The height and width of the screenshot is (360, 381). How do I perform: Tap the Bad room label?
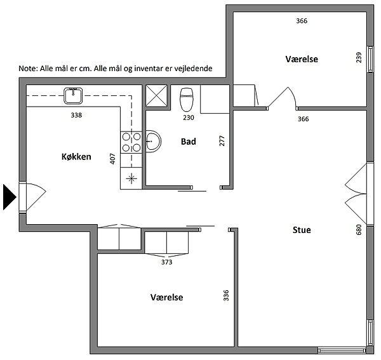coord(188,142)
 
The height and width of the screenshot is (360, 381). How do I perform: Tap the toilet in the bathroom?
coord(187,100)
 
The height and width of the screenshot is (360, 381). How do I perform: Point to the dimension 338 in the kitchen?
coord(77,116)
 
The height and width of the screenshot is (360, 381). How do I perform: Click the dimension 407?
coord(113,158)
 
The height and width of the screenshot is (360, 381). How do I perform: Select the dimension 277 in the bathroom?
coord(222,141)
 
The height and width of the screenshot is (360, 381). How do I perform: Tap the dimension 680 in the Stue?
coord(358,230)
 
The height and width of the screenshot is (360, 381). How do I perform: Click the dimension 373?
coord(167,262)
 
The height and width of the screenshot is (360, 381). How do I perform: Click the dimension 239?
coord(358,58)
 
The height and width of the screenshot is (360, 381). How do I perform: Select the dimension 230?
coord(189,117)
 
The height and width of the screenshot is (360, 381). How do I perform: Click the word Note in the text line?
coord(29,68)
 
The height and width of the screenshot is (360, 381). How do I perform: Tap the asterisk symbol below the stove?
coord(132,178)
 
